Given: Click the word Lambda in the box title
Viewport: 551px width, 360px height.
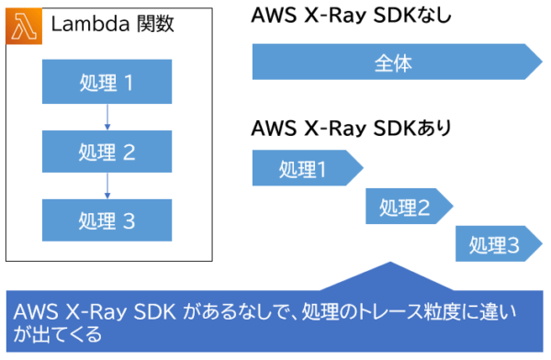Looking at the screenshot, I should (x=84, y=25).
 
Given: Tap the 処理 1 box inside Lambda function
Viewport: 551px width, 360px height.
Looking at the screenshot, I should (x=107, y=84).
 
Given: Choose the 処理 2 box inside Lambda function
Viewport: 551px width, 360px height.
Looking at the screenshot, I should (x=107, y=152).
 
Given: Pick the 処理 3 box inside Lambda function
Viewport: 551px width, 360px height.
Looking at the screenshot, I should (x=107, y=219).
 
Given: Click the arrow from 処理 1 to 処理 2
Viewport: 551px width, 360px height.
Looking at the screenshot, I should (x=107, y=118).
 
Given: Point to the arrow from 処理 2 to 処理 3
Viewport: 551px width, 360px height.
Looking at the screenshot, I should (x=107, y=186).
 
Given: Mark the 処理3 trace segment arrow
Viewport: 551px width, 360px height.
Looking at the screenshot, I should (x=497, y=244).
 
